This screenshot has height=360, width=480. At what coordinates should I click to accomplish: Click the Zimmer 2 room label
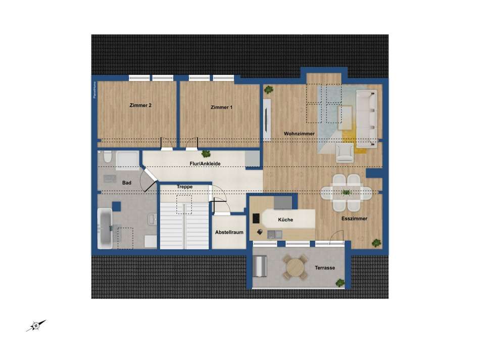coord(140,106)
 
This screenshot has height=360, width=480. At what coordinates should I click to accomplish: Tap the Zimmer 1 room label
coord(222,107)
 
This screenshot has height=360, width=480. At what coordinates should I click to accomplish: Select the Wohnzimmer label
coord(299,133)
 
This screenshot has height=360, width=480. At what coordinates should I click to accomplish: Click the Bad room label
coord(127,183)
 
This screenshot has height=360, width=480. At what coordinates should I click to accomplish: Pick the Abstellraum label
coord(229,233)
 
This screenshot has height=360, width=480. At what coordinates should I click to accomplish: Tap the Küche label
coord(285,220)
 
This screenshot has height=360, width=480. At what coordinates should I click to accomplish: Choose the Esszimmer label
coord(354,219)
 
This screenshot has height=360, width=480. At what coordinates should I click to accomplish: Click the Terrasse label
coord(325,268)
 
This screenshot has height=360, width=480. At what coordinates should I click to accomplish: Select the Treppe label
coord(184,187)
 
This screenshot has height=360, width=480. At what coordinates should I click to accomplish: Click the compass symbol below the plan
coord(36,326)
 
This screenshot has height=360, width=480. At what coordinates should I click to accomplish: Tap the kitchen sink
coord(275,234)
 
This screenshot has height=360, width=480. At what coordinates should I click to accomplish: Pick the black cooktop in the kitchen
coord(256,219)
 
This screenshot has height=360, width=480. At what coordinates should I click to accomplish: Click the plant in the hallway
coord(206,154)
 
